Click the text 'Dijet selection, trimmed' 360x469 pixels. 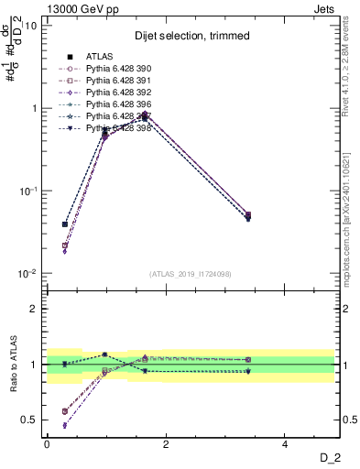[x=189, y=35]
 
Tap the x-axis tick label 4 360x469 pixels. [x=285, y=444]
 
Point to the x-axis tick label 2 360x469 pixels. [x=166, y=444]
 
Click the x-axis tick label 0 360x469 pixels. [x=47, y=444]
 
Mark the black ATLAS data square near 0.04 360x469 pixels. [x=64, y=224]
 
